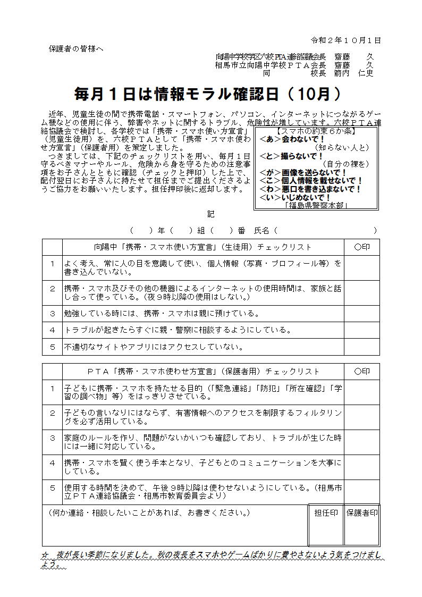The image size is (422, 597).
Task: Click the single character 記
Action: coord(210,214)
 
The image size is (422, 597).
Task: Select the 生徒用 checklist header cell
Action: coord(203,247)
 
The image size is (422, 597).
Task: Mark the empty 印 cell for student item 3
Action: coord(361,313)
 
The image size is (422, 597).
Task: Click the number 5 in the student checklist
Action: coord(52,347)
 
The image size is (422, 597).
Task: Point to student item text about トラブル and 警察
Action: coord(178,330)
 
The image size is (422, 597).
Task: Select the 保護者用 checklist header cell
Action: coord(203,371)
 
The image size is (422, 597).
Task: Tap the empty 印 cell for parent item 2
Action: coord(361,417)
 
